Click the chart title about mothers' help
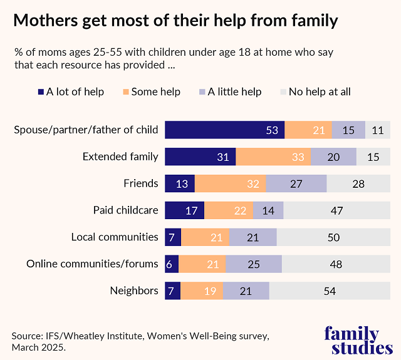(x=175, y=21)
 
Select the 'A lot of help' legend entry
(x=70, y=92)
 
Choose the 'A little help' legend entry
(x=229, y=92)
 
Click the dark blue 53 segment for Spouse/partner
(x=224, y=130)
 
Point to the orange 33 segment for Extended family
(x=273, y=157)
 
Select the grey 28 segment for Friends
(x=358, y=183)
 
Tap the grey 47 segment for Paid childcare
(x=336, y=210)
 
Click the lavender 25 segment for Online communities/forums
(x=253, y=264)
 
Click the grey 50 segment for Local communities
(x=334, y=237)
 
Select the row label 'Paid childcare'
(x=125, y=210)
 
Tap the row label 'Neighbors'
(x=134, y=291)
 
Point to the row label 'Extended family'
(x=120, y=157)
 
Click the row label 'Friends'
(x=141, y=183)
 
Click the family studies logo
(x=352, y=340)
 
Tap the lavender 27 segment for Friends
(x=296, y=183)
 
